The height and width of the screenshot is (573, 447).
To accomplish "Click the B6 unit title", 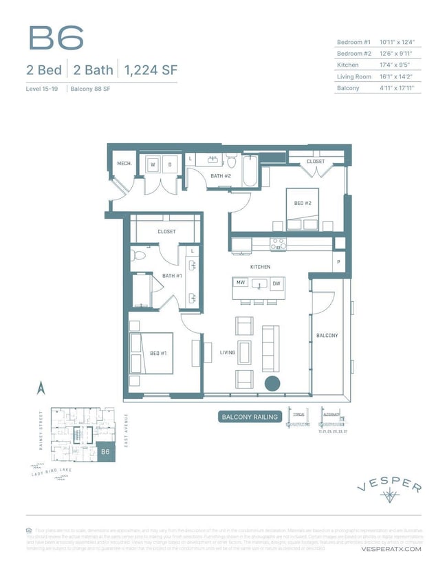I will [x=56, y=39].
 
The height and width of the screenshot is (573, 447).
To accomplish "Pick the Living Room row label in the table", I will [x=354, y=76].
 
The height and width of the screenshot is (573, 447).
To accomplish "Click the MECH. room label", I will [x=124, y=164].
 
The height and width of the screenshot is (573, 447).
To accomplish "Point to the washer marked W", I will [x=153, y=164].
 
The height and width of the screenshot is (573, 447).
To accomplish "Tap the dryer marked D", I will [x=169, y=164].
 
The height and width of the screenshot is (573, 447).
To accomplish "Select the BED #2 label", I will [x=303, y=203].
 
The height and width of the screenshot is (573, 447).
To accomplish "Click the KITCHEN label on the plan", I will [x=260, y=267].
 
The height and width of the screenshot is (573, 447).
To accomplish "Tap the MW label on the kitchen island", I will [x=241, y=283].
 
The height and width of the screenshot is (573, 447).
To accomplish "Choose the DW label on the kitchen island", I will [x=276, y=283].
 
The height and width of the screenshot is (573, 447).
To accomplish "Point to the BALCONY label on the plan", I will [x=327, y=336].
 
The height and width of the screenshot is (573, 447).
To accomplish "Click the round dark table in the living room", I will [x=272, y=384].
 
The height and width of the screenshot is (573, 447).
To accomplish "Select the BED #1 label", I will [x=159, y=354].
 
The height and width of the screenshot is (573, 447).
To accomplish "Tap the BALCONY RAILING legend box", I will [x=250, y=417].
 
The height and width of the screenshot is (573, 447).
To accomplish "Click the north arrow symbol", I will [x=41, y=389].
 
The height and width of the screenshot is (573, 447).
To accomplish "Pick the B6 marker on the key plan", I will [x=105, y=452].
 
